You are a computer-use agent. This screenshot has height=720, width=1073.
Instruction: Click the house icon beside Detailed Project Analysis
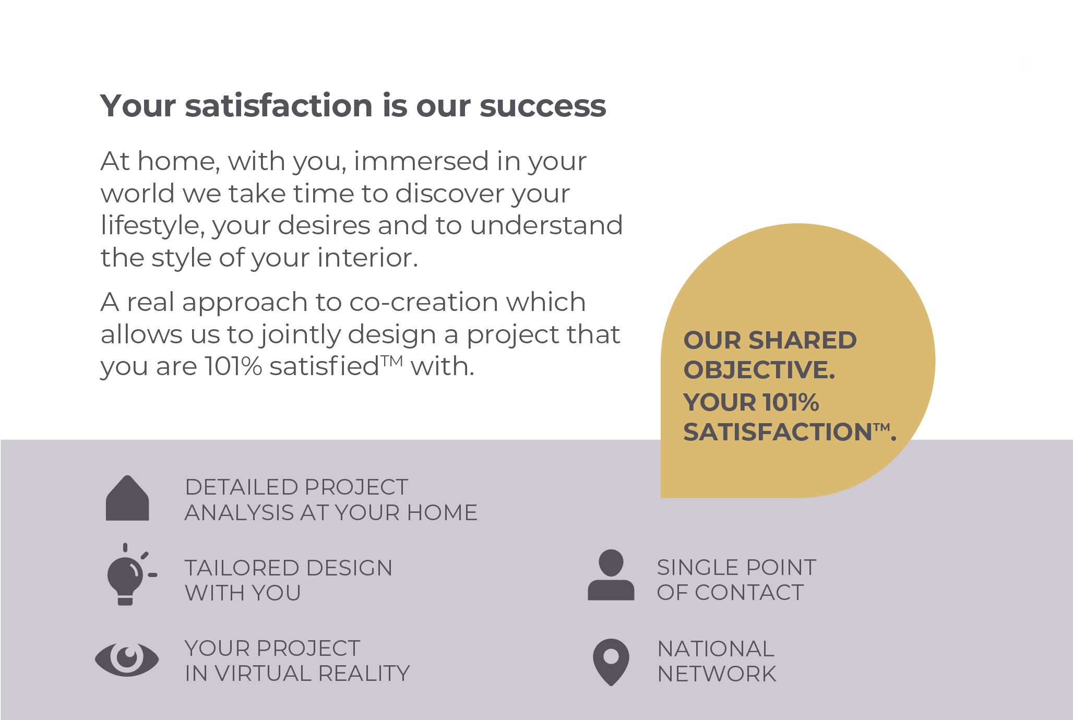(x=127, y=498)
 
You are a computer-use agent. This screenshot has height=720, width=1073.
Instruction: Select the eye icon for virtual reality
(x=127, y=659)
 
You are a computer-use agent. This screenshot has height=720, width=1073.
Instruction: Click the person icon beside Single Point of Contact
(x=611, y=575)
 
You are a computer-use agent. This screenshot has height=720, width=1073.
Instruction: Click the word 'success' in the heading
(x=543, y=106)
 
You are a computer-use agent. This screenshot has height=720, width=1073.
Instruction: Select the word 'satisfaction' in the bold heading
(x=280, y=105)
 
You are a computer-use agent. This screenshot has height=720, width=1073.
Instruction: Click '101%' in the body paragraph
(x=233, y=366)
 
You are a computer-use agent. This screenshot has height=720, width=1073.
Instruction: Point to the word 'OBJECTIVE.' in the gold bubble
(x=759, y=370)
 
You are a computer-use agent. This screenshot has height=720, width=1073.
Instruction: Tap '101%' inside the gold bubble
(x=790, y=402)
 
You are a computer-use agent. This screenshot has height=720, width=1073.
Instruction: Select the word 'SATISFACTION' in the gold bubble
(x=778, y=432)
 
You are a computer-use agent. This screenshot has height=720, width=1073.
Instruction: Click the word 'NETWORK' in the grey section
(x=717, y=674)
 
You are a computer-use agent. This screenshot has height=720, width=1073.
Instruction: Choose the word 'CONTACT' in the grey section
(x=749, y=592)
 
